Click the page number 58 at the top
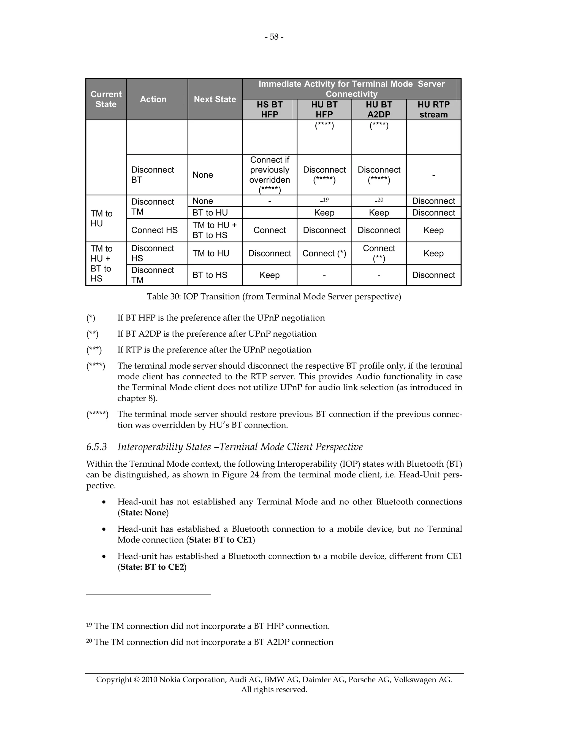[x=274, y=37]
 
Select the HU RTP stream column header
[x=433, y=110]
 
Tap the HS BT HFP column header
[x=269, y=110]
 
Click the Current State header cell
[x=106, y=99]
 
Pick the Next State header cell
[x=215, y=99]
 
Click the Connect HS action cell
[x=154, y=230]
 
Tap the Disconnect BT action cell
[x=152, y=175]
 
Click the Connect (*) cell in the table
[x=324, y=253]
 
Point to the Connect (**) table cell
[x=379, y=253]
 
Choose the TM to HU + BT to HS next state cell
[x=215, y=230]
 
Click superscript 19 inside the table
[x=326, y=200]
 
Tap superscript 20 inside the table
[x=380, y=200]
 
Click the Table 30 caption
[x=274, y=296]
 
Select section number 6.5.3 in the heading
[x=97, y=447]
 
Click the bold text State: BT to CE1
[x=221, y=540]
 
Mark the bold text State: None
[x=143, y=513]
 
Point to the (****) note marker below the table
[x=96, y=366]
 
